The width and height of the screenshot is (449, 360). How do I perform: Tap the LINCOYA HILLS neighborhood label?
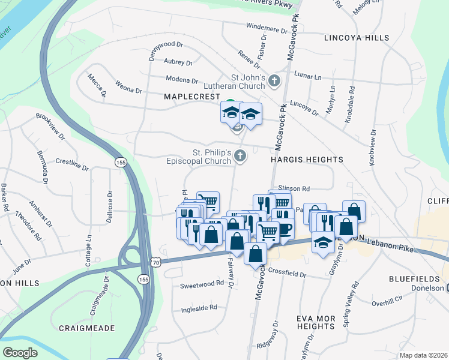(356, 38)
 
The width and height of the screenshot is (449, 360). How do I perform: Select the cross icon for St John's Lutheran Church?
(274, 80)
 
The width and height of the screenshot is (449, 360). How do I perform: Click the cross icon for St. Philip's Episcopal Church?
(240, 156)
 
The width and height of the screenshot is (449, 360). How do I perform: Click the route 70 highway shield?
(156, 262)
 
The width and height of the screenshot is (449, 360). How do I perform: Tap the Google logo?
(20, 353)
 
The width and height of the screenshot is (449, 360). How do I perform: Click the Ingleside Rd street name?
(199, 308)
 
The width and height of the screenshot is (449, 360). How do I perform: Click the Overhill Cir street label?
(387, 302)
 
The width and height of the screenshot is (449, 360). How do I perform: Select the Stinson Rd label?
(294, 188)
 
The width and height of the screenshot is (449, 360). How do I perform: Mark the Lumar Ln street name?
(309, 77)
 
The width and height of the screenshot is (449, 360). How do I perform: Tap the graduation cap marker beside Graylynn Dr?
(324, 242)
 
